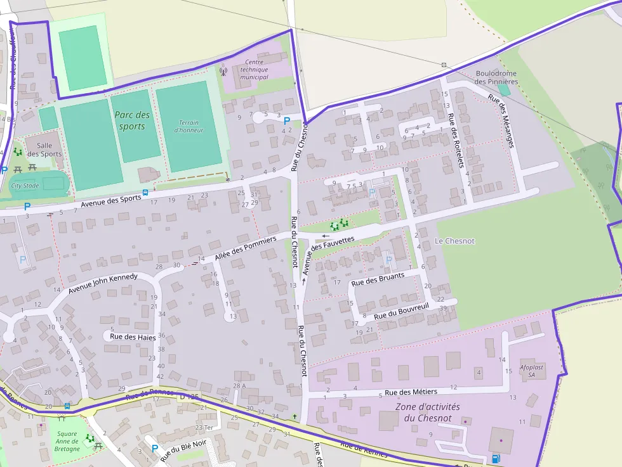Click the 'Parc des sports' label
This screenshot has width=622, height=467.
pos(133,120)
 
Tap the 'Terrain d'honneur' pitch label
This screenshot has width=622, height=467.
pos(189,126)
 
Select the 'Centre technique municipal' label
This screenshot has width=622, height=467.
pos(254,69)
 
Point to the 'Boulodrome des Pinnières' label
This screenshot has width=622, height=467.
pos(496,77)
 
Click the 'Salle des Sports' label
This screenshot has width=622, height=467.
pos(44,150)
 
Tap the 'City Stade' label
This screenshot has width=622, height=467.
pos(25,186)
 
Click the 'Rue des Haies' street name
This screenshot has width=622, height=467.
pos(133,337)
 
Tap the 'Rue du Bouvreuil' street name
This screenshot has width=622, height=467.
pos(401,311)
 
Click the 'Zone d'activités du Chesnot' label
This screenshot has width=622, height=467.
pos(427,412)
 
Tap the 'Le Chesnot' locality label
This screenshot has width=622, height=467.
pos(454,241)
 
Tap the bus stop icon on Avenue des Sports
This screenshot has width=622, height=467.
pos(145,193)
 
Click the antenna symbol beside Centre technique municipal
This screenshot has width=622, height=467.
pos(222,71)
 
